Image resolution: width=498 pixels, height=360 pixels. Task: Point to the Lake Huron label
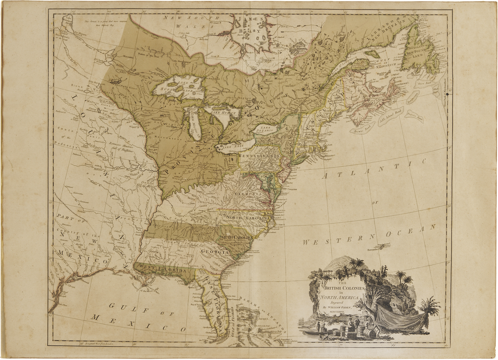[x=223, y=113]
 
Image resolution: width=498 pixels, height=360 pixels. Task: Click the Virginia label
[x=247, y=194]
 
